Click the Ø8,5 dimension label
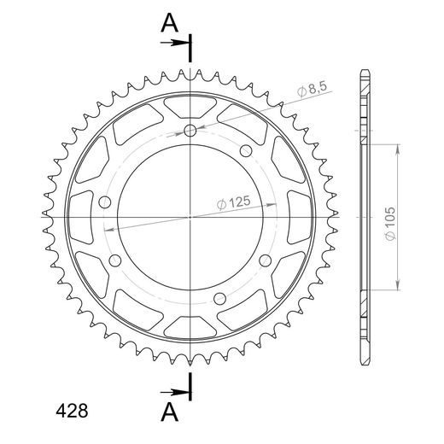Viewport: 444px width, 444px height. [313, 90]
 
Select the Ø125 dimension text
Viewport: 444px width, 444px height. [234, 202]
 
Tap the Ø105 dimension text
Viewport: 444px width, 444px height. [390, 224]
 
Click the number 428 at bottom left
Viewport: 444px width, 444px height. [72, 411]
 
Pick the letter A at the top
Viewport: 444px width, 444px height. [169, 23]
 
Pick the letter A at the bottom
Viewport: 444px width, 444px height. [169, 412]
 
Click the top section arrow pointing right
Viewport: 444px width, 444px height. [174, 43]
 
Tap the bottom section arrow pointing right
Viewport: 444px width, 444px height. [174, 393]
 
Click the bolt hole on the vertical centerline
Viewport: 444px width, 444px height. [190, 131]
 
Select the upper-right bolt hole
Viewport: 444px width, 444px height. [246, 151]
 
